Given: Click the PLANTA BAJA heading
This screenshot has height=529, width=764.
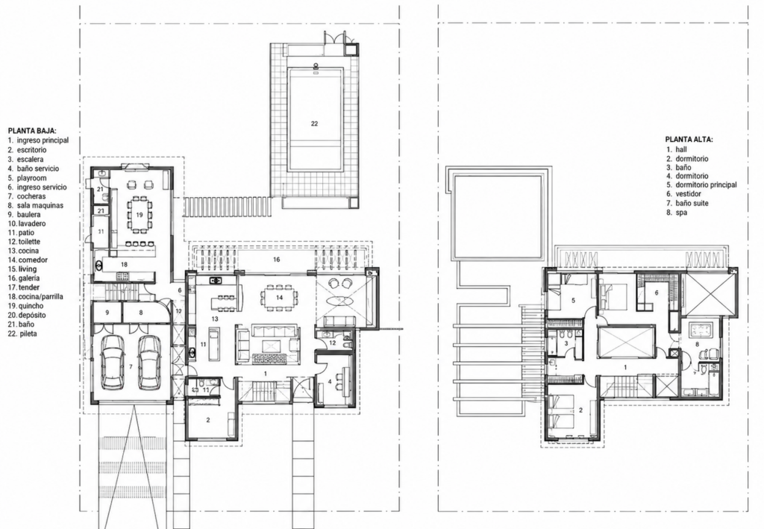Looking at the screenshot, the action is tap(32, 131).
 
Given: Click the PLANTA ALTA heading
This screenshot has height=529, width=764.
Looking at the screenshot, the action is tap(689, 140).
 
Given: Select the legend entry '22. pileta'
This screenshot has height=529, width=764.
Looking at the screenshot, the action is tap(22, 334).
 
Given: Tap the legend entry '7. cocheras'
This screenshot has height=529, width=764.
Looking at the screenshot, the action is tap(27, 196).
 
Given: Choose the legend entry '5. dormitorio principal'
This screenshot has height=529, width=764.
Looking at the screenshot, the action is tap(701, 185).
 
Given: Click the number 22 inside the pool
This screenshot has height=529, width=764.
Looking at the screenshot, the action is tap(314, 124).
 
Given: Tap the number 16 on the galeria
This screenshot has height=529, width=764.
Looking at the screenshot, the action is tap(276, 260).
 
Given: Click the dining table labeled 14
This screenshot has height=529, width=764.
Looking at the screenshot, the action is tap(279, 297).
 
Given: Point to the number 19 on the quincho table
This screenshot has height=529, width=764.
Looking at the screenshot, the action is tap(140, 215).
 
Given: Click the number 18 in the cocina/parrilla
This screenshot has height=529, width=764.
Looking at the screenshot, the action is tap(124, 264).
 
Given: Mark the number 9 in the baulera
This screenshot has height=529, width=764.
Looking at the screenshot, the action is tap(107, 312).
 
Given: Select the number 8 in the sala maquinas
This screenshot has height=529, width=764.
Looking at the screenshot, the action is tap(141, 312).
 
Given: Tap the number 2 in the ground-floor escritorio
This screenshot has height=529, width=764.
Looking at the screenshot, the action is tap(207, 420).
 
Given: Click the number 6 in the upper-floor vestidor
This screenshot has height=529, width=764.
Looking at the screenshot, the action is tap(657, 292).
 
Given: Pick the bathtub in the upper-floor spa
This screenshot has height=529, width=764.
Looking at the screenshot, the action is tap(700, 331).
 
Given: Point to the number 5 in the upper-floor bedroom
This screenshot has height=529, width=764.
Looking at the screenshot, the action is tap(573, 301).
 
